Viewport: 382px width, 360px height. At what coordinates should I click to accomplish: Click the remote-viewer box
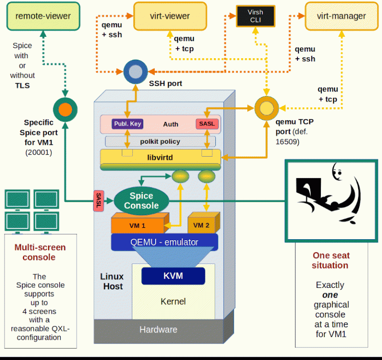click(x=43, y=16)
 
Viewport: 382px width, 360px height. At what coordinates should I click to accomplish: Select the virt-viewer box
click(x=170, y=16)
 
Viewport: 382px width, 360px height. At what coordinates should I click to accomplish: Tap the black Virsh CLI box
click(x=255, y=16)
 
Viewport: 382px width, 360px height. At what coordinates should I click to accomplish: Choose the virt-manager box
click(x=341, y=16)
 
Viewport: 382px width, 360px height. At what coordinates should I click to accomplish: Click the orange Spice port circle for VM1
click(x=65, y=109)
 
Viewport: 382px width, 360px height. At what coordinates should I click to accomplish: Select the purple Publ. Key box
click(x=128, y=124)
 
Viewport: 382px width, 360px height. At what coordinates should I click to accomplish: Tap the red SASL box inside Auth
click(x=207, y=124)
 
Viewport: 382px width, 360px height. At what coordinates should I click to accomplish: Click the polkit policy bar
click(x=160, y=142)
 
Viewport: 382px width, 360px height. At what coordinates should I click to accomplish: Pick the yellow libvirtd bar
click(x=160, y=158)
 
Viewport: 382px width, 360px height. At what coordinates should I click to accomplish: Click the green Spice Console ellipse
click(x=141, y=200)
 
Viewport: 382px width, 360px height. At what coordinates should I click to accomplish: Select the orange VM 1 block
click(x=137, y=225)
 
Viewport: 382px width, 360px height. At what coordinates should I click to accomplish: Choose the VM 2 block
click(x=201, y=225)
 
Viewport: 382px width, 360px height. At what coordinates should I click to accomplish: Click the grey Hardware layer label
click(x=158, y=329)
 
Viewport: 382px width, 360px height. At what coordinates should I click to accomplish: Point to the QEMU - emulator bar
click(x=164, y=242)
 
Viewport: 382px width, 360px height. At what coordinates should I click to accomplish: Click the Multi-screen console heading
click(x=40, y=252)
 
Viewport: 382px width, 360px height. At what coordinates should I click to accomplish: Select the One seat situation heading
click(x=331, y=260)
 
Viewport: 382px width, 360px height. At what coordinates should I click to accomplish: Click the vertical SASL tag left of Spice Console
click(x=98, y=201)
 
